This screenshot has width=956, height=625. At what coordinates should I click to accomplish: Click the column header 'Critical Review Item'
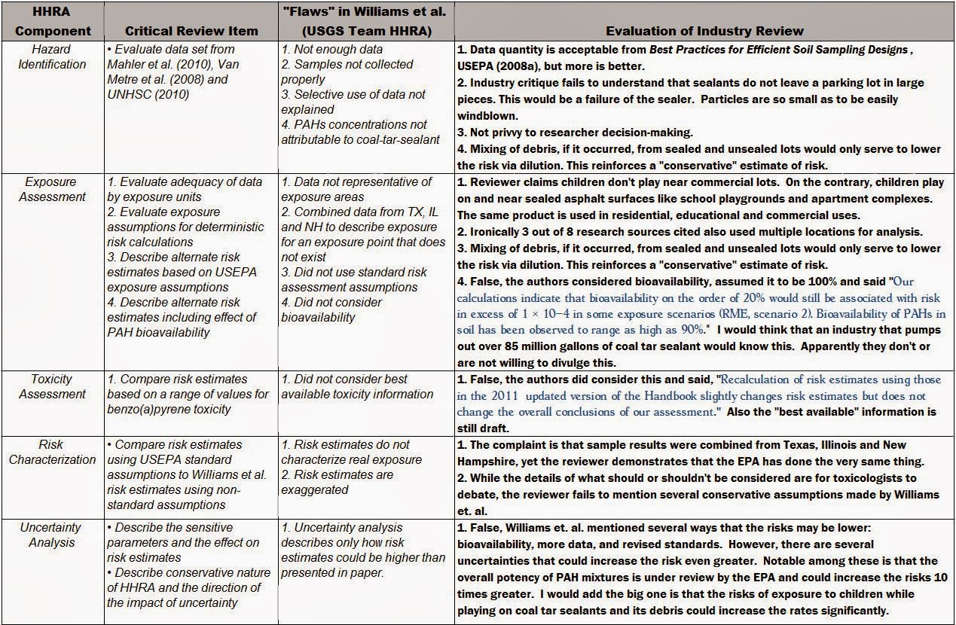pos(191,31)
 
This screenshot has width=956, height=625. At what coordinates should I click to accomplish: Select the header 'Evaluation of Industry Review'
pos(704,31)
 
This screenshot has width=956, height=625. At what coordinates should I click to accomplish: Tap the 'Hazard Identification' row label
pos(52,57)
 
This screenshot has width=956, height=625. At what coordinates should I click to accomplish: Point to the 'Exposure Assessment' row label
pos(52,189)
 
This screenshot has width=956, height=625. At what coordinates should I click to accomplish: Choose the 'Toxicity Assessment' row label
pos(52,386)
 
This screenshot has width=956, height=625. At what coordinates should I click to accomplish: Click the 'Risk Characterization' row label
pos(52,452)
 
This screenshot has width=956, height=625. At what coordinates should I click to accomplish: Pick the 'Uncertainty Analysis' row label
pos(52,534)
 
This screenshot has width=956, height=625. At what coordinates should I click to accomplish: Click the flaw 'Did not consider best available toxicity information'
pos(357,386)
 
